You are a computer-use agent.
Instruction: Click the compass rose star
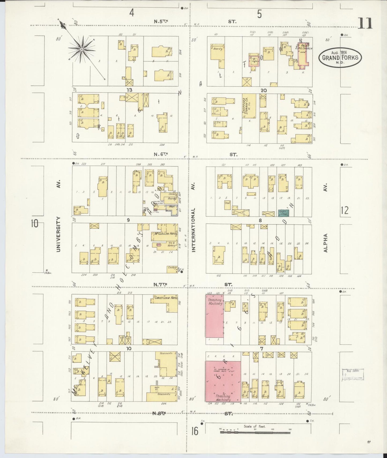pos(81,49)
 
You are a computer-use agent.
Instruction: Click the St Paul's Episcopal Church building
pos(303,54)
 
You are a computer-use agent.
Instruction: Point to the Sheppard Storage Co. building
pos(249,106)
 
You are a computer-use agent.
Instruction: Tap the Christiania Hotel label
pos(166,298)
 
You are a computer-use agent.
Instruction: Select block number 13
pos(130,90)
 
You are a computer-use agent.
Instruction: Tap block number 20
pos(264,91)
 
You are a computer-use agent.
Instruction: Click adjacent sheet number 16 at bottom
pos(194,431)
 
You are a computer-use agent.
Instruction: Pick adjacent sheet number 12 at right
pos(344,210)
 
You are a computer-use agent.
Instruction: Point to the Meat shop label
pos(171,207)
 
